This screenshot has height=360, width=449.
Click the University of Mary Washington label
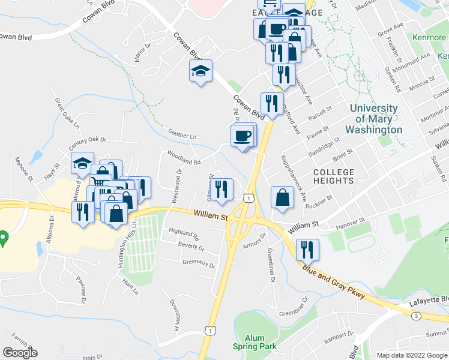pos(373,119)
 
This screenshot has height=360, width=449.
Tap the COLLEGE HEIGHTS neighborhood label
pos(333,176)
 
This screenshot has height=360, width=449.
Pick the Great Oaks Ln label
pos(66,113)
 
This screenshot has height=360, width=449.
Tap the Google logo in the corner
pos(20,353)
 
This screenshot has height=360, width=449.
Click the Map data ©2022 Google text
pos(411,355)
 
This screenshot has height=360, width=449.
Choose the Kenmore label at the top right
pos(430,38)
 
